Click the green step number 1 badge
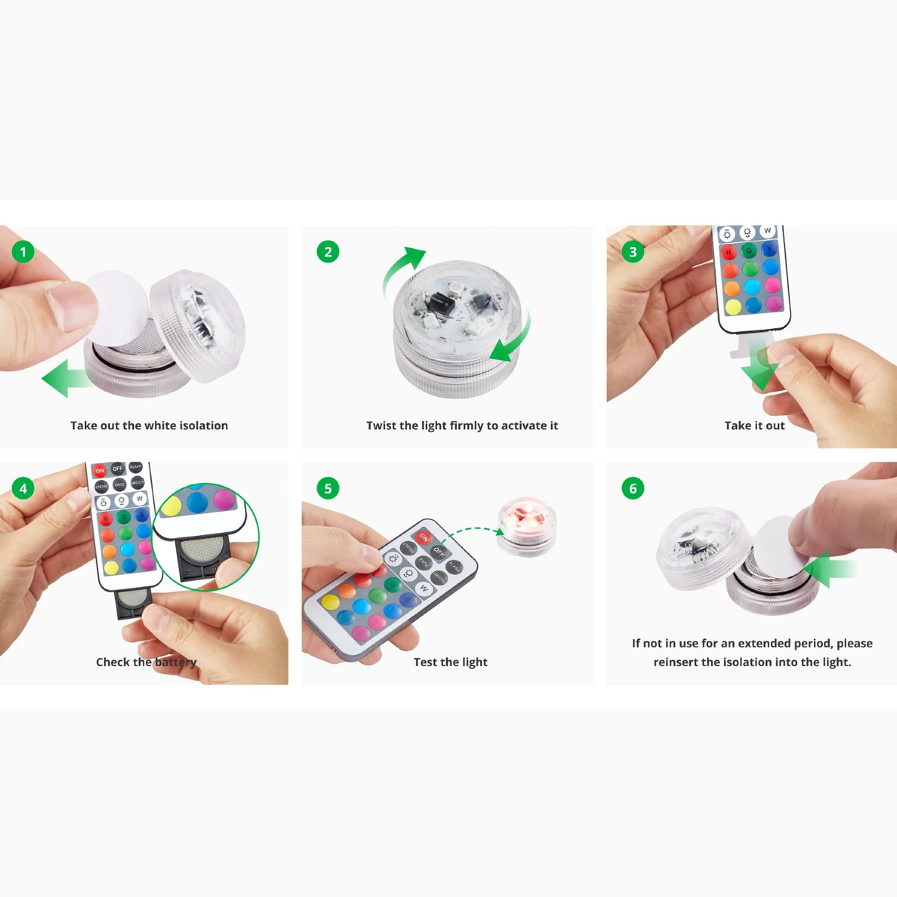click(23, 252)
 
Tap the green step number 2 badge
click(327, 252)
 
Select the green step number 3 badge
click(632, 252)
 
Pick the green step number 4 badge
click(23, 488)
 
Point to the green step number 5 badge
click(327, 488)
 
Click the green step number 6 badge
click(632, 488)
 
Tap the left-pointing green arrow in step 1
click(66, 378)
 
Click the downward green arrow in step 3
click(761, 368)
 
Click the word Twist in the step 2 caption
click(380, 425)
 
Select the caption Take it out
click(754, 425)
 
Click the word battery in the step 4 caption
click(176, 662)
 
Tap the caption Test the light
click(450, 662)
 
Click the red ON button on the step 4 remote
click(99, 470)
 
